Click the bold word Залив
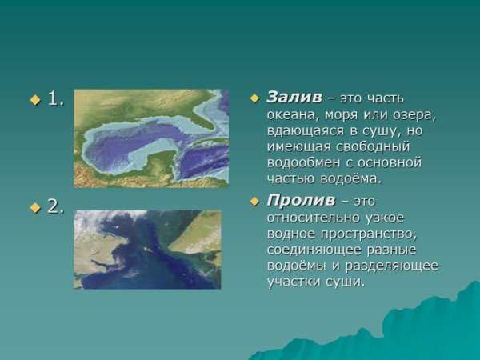click(x=294, y=98)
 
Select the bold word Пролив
click(x=300, y=200)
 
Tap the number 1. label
click(x=55, y=99)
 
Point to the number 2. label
click(x=55, y=206)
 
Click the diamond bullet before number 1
click(x=34, y=100)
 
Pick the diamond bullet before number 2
click(x=34, y=207)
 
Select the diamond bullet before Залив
click(x=254, y=98)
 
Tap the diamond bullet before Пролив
click(x=254, y=201)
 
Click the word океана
click(x=291, y=114)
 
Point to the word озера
click(x=416, y=114)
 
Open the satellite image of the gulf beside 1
click(x=150, y=138)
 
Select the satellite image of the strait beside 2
click(x=147, y=249)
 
